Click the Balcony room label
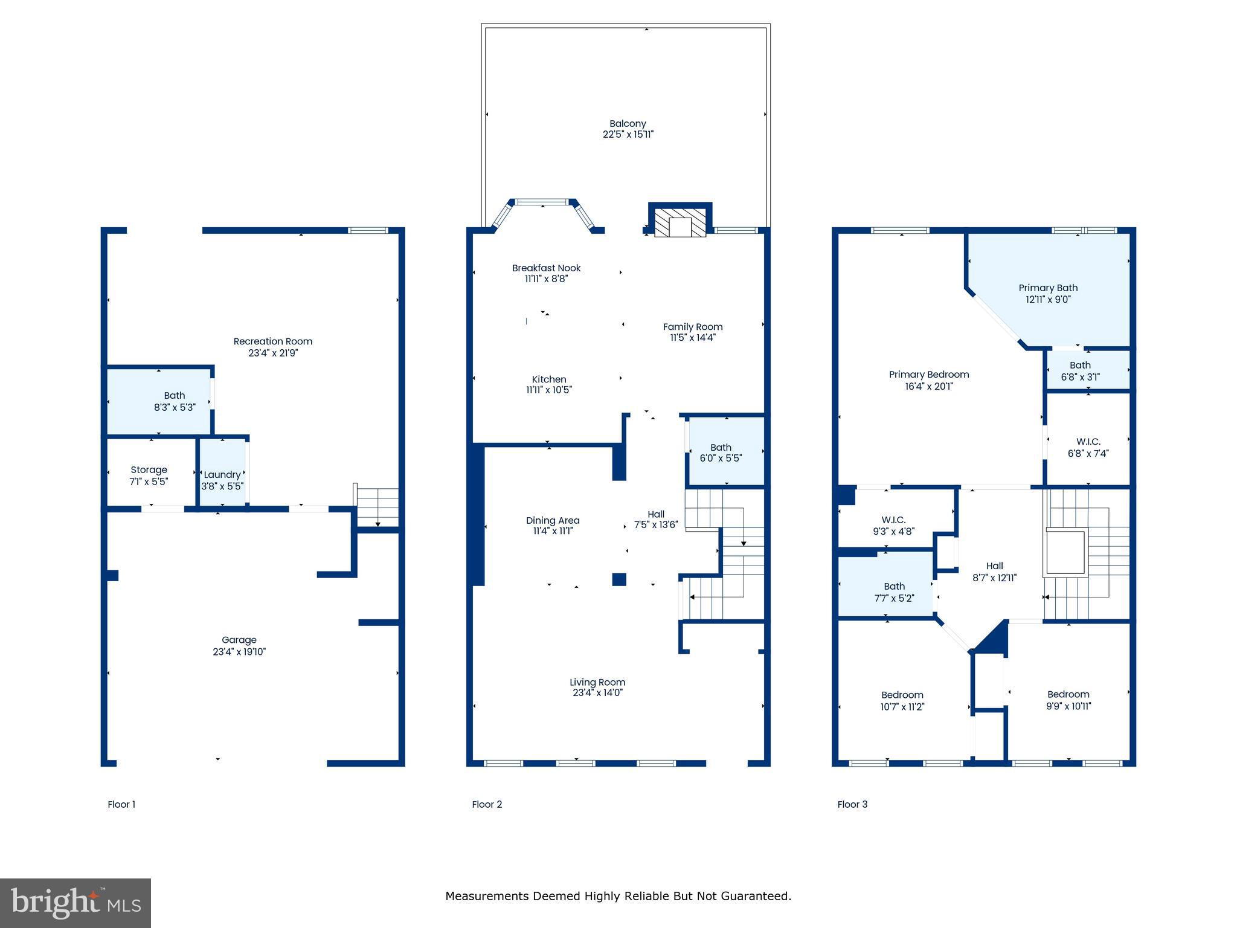click(x=628, y=124)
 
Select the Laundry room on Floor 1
click(x=222, y=475)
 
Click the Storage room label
click(x=149, y=470)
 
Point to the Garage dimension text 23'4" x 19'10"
click(x=239, y=651)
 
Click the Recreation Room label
click(x=273, y=341)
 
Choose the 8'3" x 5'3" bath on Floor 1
click(x=174, y=401)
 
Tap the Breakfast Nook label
click(x=546, y=268)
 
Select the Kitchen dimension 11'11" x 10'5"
click(x=548, y=390)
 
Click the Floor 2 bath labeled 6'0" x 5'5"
click(x=721, y=453)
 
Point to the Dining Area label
click(x=553, y=520)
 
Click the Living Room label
click(x=597, y=682)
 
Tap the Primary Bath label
click(x=1048, y=288)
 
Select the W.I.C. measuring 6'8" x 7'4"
click(x=1088, y=447)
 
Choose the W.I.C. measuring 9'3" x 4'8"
click(x=893, y=526)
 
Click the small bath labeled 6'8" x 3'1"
click(x=1080, y=371)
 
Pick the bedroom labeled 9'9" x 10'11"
click(x=1068, y=700)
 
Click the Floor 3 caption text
click(x=852, y=804)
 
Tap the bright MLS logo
click(x=76, y=903)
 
